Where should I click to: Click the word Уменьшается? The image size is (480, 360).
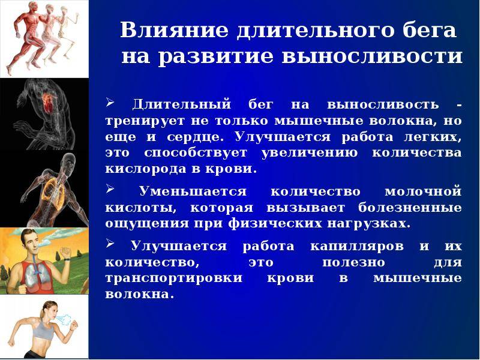pos(193,191)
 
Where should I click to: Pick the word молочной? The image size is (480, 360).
pos(422,191)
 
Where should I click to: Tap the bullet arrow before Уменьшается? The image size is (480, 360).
pos(110,190)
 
